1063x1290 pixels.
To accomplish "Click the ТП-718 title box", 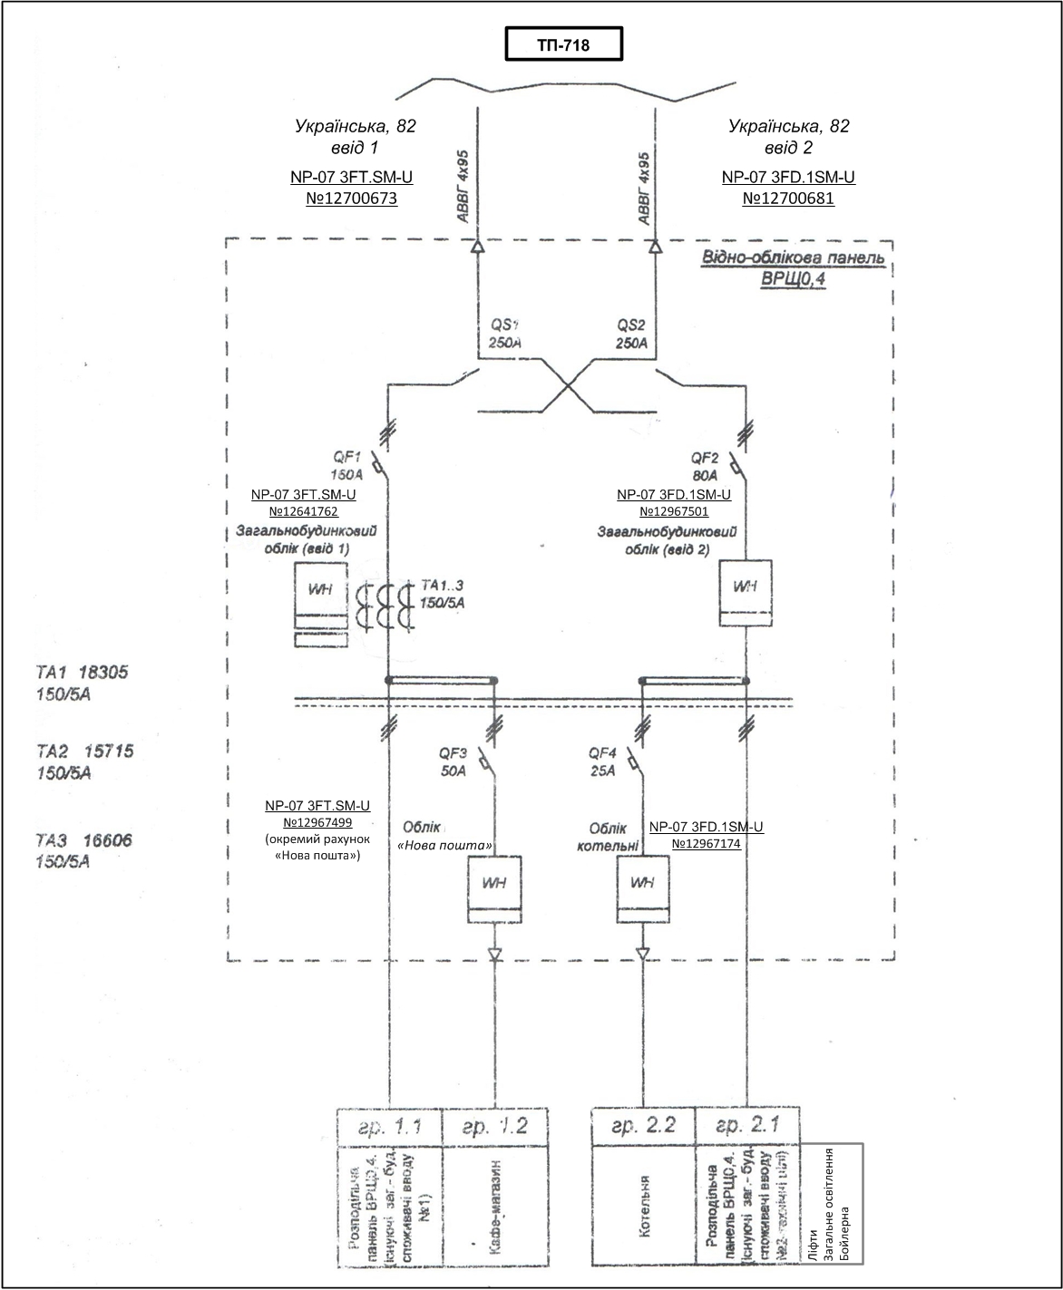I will tap(563, 44).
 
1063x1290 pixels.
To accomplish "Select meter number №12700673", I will tap(351, 198).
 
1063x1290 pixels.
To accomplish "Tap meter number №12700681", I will tap(788, 198).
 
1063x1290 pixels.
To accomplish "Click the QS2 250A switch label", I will tap(632, 334).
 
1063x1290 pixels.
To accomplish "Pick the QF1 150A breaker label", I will tap(346, 465).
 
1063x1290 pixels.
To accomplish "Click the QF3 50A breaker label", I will tap(453, 761).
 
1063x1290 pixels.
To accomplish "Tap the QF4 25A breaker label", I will tap(602, 761).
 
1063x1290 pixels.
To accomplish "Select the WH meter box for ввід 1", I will tap(321, 597).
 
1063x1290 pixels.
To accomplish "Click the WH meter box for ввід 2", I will tap(746, 593).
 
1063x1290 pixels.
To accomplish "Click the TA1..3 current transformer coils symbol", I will tap(384, 606).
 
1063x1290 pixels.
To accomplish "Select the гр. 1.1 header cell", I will tap(388, 1126).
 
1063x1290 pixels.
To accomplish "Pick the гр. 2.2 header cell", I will tap(643, 1126).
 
